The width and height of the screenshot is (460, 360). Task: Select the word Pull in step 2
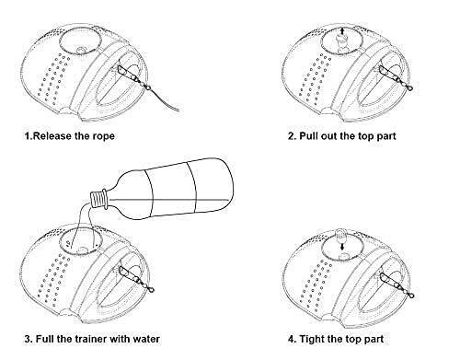coord(309,135)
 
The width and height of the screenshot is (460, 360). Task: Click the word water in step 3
coord(146,339)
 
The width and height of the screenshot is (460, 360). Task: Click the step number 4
coord(292,339)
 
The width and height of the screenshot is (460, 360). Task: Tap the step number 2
coord(292,135)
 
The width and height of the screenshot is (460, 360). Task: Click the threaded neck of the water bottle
coord(98,199)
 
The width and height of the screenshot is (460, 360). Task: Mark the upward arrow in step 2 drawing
coord(342,30)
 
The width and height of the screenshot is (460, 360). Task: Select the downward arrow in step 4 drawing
coord(342,246)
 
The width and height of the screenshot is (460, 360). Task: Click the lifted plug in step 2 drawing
coord(342,39)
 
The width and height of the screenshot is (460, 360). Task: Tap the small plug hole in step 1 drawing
coord(81,50)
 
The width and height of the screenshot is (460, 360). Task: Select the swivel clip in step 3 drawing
coord(144,284)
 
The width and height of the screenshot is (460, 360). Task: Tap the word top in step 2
coord(365,136)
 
